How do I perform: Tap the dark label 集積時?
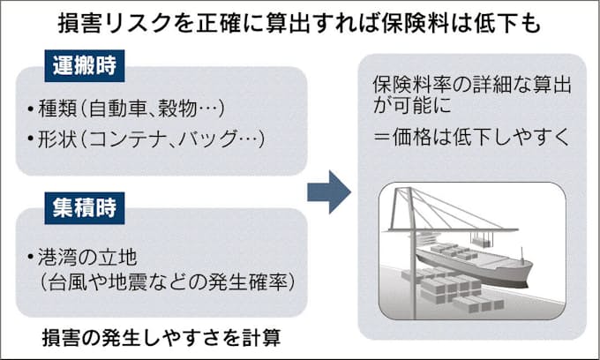pos(82,209)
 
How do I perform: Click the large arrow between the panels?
pos(329,191)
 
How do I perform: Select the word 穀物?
pos(181,110)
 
